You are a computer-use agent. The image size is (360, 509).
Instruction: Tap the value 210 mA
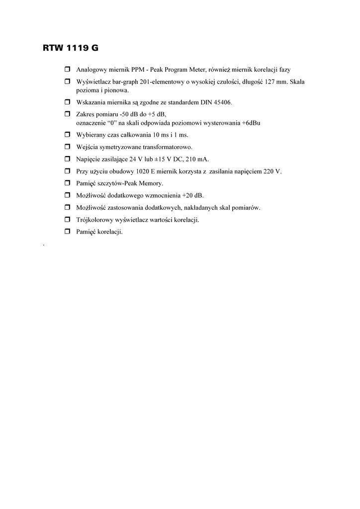[x=197, y=159]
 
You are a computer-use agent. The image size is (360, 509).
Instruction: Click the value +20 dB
[x=193, y=195]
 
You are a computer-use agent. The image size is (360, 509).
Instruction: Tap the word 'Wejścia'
[x=86, y=147]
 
